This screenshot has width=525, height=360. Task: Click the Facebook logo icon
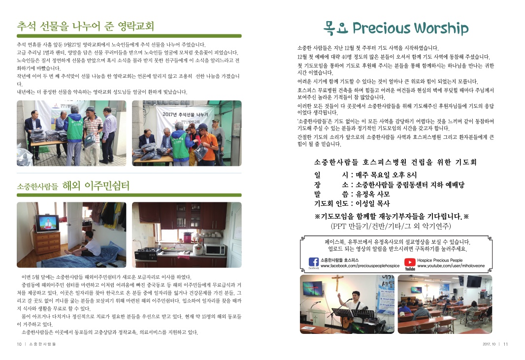[313, 262]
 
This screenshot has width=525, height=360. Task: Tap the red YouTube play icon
[410, 262]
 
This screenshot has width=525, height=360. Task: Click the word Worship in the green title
[441, 29]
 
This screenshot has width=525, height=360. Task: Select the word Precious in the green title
[381, 28]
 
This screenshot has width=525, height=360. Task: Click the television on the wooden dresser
[47, 224]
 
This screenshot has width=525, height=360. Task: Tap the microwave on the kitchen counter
[215, 250]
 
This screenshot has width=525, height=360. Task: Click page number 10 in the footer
[19, 344]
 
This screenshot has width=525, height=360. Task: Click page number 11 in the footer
[506, 344]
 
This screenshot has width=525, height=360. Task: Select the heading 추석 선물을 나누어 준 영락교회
[85, 26]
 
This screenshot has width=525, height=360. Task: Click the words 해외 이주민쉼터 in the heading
[96, 186]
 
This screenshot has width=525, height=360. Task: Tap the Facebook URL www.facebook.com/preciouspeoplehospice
[360, 266]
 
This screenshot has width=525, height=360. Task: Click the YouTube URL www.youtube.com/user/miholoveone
[451, 266]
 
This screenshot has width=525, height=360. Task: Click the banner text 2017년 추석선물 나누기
[185, 115]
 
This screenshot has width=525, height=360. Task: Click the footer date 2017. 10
[489, 344]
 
